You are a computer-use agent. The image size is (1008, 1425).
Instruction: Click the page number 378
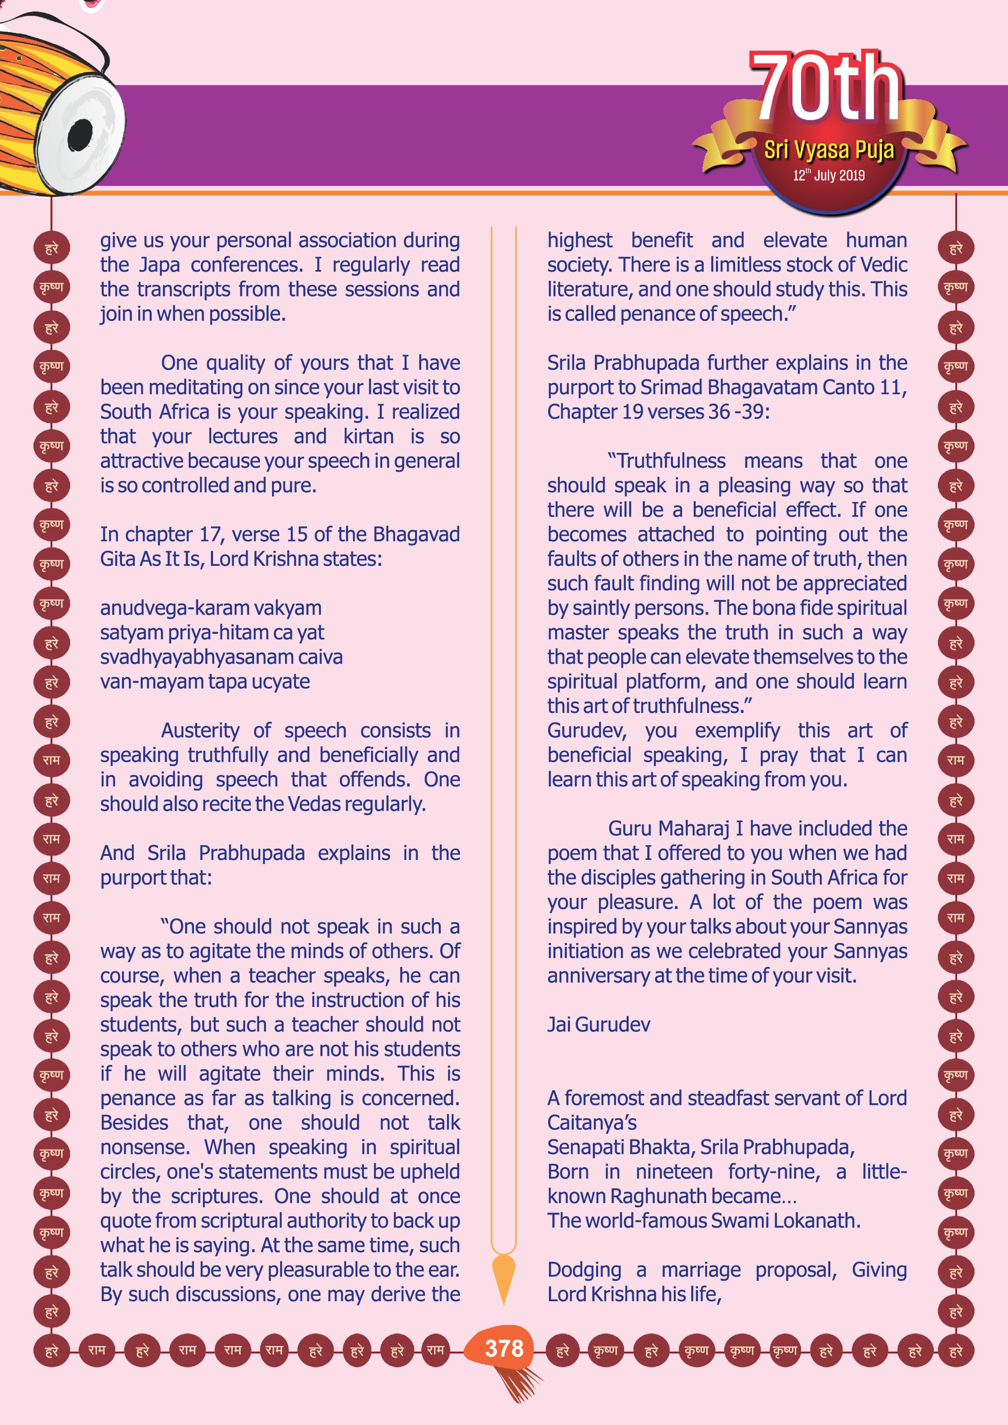[504, 1348]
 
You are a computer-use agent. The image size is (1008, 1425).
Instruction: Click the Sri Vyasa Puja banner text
[829, 149]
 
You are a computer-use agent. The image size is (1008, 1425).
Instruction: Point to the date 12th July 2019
[829, 175]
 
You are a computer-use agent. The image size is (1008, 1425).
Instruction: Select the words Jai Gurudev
[598, 1024]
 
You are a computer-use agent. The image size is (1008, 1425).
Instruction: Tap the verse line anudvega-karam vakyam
[211, 608]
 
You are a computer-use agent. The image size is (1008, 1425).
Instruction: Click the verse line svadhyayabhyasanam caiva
[221, 656]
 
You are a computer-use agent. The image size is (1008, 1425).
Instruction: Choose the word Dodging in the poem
[584, 1270]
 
